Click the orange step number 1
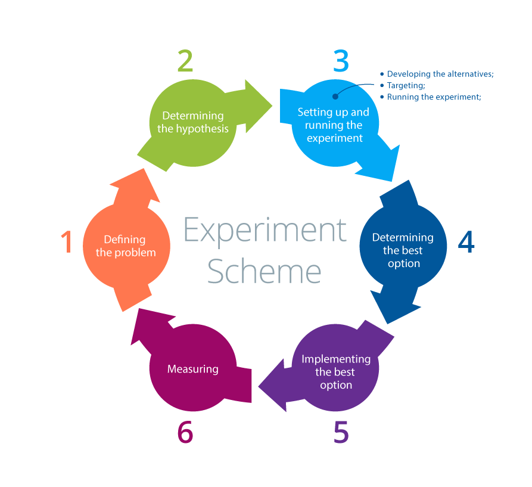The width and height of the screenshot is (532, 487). coord(67,241)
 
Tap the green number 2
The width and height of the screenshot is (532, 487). coord(185,60)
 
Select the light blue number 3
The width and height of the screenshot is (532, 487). coord(341,61)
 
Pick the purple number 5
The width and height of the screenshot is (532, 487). coord(341,432)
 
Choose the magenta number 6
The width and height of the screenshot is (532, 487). coord(185,432)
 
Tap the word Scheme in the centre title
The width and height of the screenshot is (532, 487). coord(265,271)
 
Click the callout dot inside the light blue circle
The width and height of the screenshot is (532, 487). coord(335,97)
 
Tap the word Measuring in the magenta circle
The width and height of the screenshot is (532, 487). coord(192,369)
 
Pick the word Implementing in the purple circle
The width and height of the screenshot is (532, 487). coord(336,359)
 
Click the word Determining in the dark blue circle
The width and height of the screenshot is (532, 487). coord(403,238)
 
